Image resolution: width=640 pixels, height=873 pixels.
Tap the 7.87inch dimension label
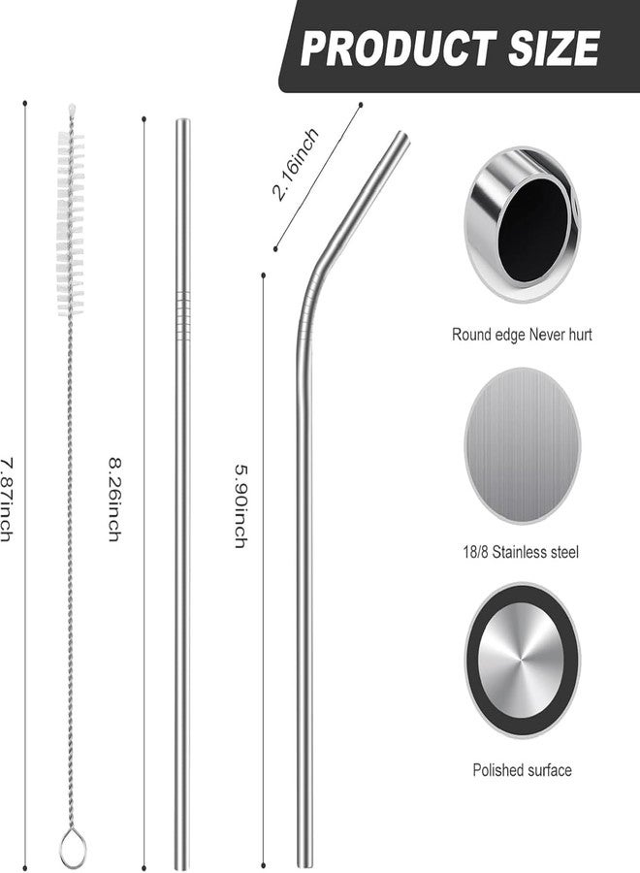coord(6,500)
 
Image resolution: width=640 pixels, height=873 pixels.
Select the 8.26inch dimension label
coord(114,500)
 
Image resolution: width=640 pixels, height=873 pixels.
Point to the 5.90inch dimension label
coord(240,506)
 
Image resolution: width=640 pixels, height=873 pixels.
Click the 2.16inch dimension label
coord(296,164)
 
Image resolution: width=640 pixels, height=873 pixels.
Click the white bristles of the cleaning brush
coord(71,223)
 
